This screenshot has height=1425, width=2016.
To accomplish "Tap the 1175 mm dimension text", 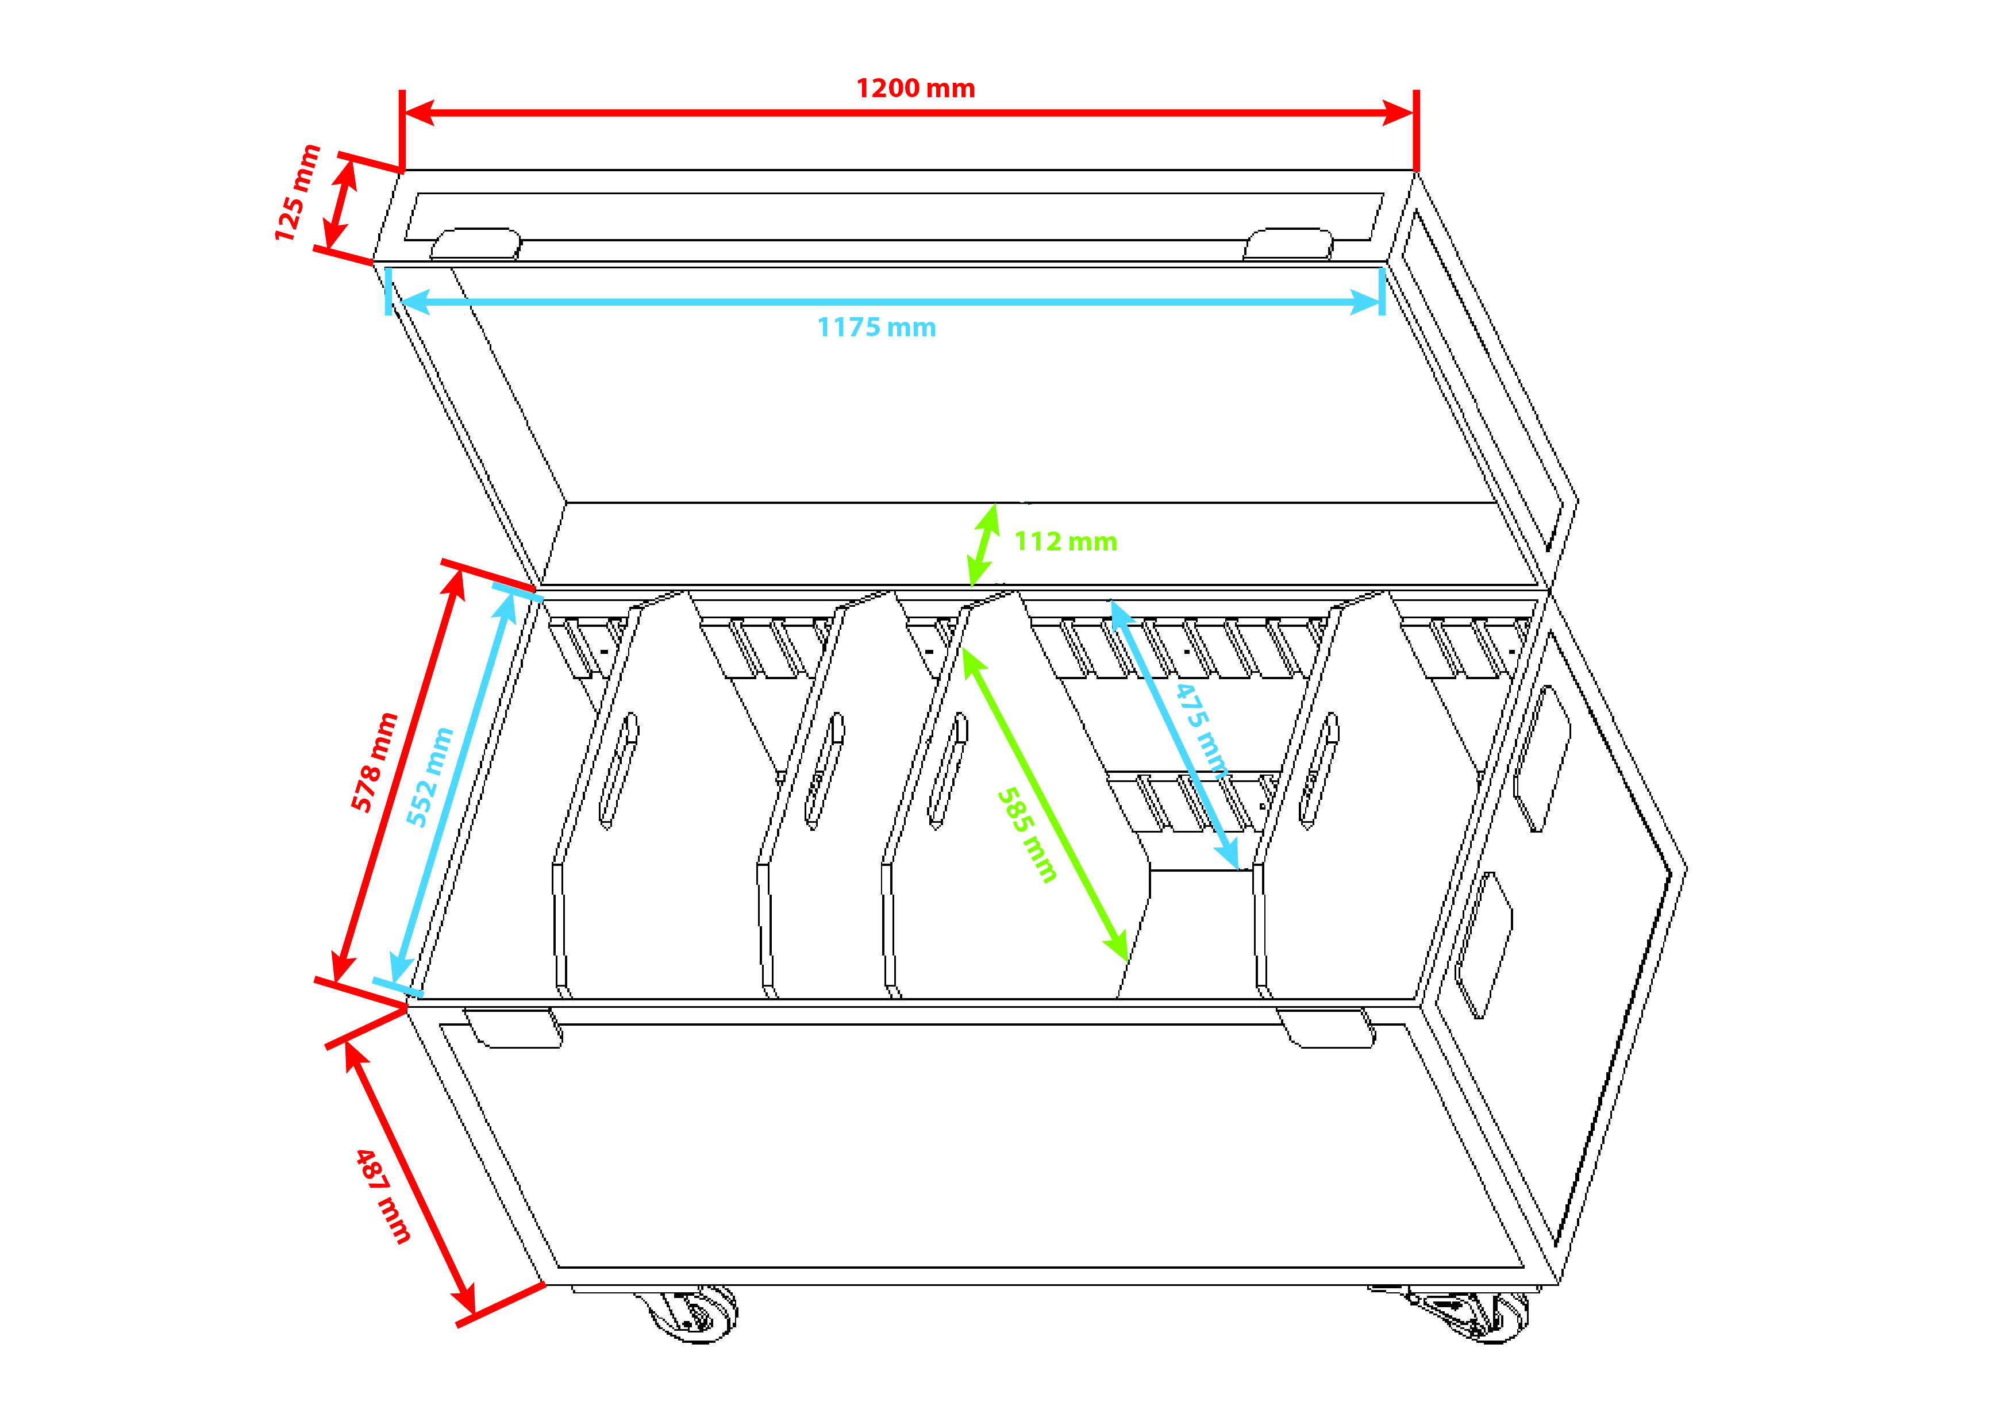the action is tap(876, 328).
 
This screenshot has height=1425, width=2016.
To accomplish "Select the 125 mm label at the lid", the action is tap(297, 193).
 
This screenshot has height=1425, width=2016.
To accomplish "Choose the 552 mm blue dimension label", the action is tap(429, 777).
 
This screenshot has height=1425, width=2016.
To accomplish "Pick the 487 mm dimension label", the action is tap(383, 1196).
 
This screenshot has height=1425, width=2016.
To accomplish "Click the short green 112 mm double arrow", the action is tap(983, 545).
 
